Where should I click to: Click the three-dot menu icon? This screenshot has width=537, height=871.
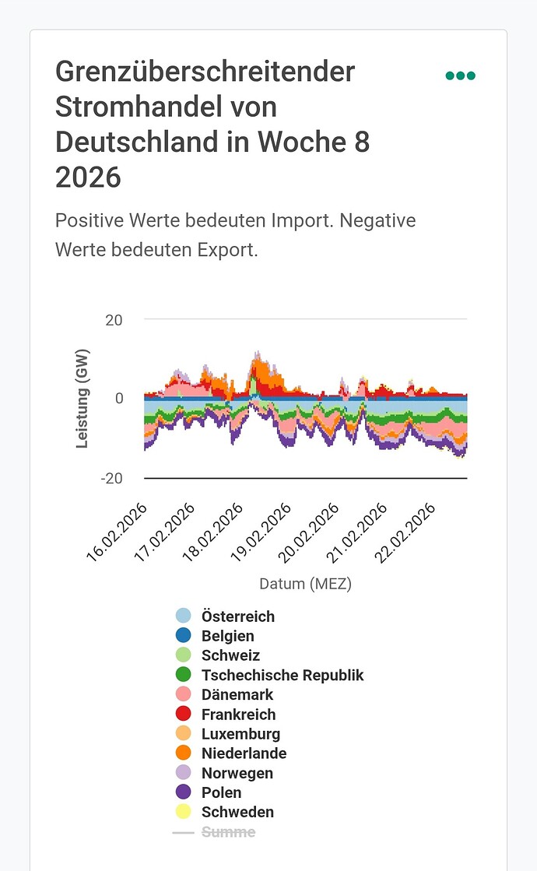(x=460, y=76)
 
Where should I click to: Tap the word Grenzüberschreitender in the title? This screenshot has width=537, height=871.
(x=205, y=72)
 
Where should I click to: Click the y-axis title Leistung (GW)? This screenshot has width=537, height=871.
(x=82, y=399)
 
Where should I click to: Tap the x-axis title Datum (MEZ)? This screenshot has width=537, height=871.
(x=305, y=583)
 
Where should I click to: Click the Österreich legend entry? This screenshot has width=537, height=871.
(x=237, y=616)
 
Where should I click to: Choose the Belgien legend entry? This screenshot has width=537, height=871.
(x=227, y=636)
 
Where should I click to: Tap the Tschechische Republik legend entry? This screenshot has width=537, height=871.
(x=282, y=675)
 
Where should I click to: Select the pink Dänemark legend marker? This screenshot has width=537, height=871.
(x=184, y=694)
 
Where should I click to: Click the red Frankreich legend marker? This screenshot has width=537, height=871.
(x=184, y=714)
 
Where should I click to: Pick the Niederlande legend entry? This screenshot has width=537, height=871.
(x=244, y=753)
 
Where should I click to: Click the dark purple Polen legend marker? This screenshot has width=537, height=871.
(x=184, y=792)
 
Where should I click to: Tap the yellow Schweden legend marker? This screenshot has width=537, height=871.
(x=184, y=812)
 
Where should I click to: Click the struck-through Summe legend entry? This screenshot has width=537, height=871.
(x=227, y=832)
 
